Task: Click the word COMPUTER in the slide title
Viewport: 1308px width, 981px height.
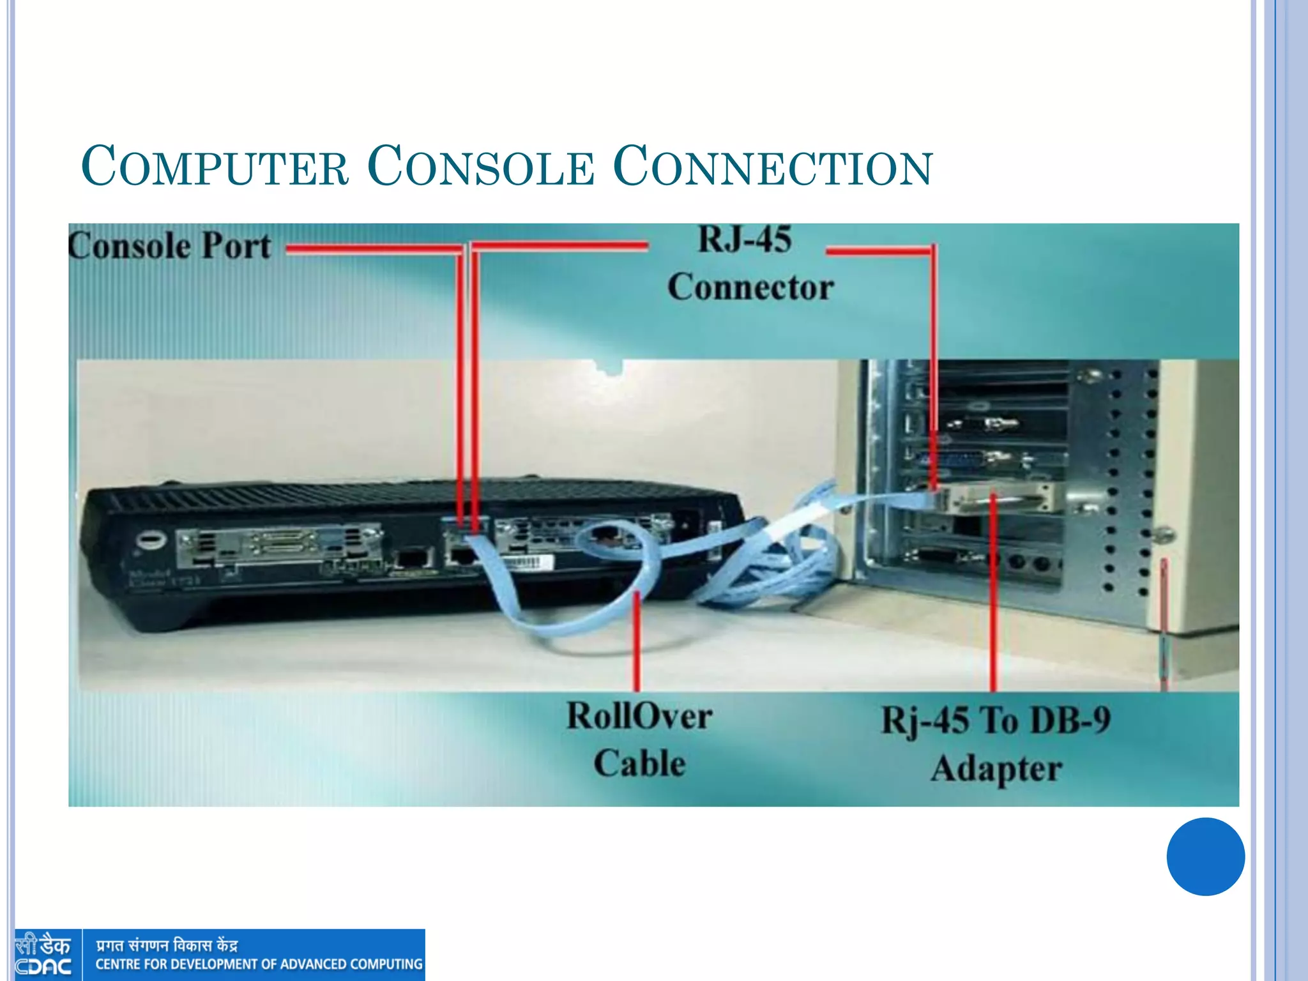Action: tap(215, 167)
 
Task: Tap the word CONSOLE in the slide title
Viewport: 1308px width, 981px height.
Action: tap(481, 167)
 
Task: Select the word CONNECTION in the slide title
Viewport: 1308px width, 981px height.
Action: tap(773, 167)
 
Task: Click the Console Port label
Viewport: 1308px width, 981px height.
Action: tap(170, 246)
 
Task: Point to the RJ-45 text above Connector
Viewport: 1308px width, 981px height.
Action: tap(745, 240)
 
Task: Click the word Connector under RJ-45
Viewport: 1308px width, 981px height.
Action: tap(750, 287)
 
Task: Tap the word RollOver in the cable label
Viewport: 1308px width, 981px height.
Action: tap(639, 716)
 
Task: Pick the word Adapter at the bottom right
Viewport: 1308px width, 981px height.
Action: tap(996, 769)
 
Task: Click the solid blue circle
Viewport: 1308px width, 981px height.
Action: tap(1205, 856)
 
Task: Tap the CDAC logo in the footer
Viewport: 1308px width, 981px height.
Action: tap(43, 955)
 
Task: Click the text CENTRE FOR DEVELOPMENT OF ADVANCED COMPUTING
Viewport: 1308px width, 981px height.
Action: tap(259, 964)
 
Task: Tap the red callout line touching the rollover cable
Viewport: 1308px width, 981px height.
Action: tap(637, 639)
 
